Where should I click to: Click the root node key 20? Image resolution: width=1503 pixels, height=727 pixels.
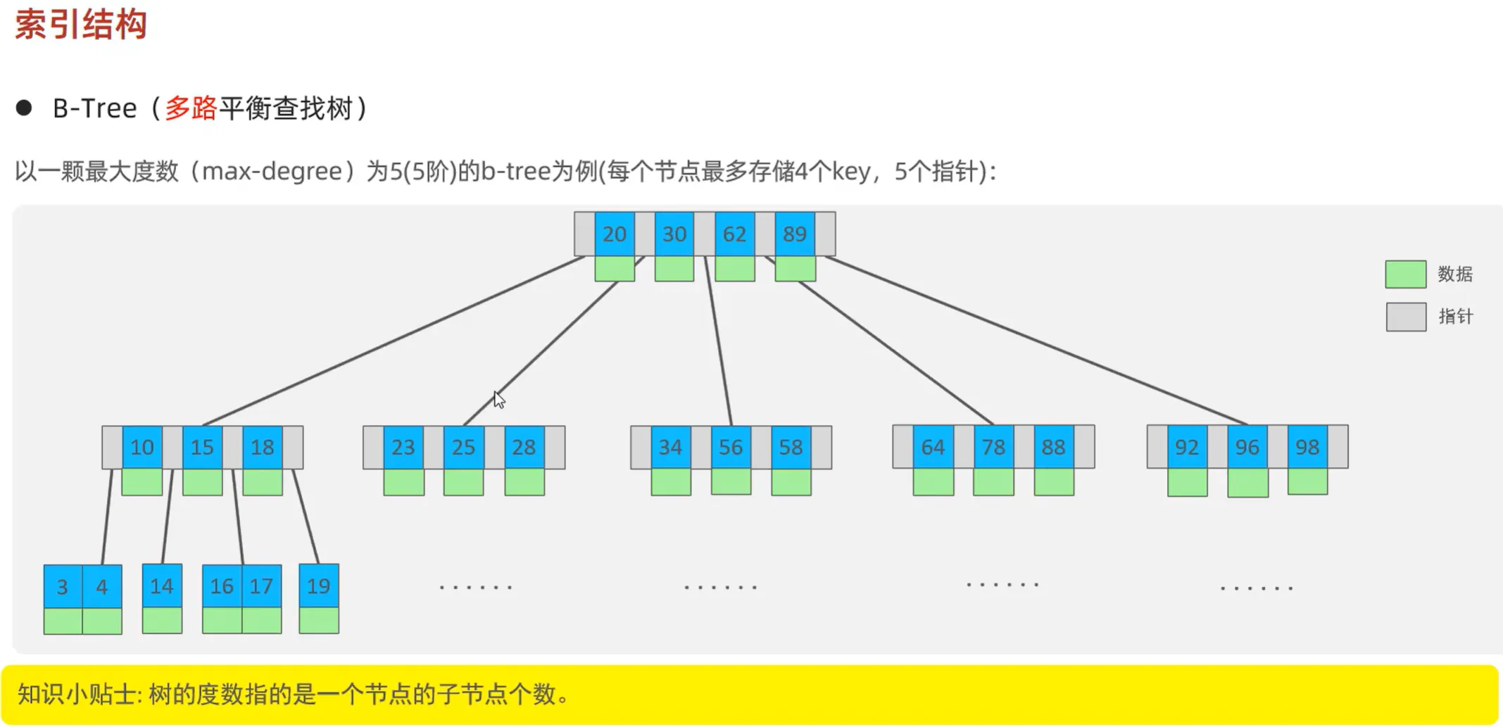(x=614, y=234)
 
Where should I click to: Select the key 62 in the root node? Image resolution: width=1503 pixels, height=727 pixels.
(x=734, y=234)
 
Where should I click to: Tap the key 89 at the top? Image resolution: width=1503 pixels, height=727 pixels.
(x=795, y=234)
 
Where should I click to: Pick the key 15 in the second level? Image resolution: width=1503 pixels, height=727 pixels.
(x=202, y=448)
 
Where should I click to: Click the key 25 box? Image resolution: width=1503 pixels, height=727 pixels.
(x=463, y=448)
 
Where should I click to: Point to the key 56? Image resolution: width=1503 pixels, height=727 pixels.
(x=731, y=448)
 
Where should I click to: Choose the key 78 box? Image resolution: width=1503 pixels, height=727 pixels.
(x=993, y=448)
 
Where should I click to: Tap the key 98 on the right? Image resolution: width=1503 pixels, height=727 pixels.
(x=1307, y=448)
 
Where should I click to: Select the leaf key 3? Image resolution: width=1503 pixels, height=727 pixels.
(x=63, y=587)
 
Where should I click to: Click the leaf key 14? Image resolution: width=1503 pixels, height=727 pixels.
(x=162, y=586)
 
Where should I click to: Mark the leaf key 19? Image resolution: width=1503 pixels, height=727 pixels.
(x=318, y=586)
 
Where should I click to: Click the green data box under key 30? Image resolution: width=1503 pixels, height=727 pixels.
(x=674, y=269)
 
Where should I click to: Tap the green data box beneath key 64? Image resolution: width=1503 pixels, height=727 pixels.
(x=933, y=482)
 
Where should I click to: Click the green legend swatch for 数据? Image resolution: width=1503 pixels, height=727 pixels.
(x=1405, y=274)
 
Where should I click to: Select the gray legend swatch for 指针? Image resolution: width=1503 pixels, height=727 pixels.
(x=1405, y=317)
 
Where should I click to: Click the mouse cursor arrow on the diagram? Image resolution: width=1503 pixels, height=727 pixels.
(x=498, y=399)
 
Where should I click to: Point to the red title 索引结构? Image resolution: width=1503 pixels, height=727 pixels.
(x=81, y=25)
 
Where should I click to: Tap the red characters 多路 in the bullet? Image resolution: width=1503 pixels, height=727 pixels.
(x=191, y=108)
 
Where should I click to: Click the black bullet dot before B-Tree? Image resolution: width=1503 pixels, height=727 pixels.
(x=24, y=108)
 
